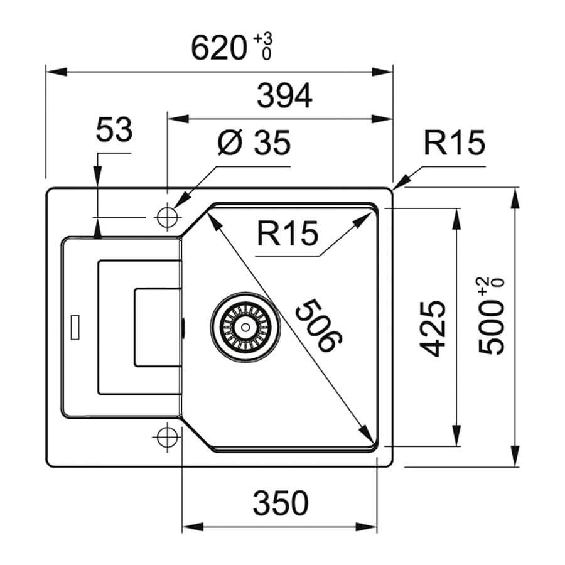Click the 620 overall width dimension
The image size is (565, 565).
(x=218, y=48)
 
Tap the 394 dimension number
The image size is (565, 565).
(x=284, y=95)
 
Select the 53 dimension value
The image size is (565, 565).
(x=114, y=129)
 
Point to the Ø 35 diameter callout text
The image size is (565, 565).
(x=254, y=143)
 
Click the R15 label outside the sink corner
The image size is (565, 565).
(x=455, y=143)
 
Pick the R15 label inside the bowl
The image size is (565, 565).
(x=288, y=233)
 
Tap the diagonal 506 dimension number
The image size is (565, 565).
(x=318, y=325)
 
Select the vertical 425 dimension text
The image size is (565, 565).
(x=433, y=328)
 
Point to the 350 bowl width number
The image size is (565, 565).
(x=281, y=503)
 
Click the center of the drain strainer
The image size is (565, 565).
(x=245, y=327)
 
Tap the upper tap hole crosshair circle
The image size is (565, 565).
(x=168, y=217)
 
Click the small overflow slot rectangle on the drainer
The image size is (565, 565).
(x=75, y=327)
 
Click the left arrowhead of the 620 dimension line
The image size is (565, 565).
(x=56, y=72)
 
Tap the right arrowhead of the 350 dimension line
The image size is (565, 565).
(x=367, y=527)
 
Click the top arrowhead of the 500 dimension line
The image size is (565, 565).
(x=515, y=198)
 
